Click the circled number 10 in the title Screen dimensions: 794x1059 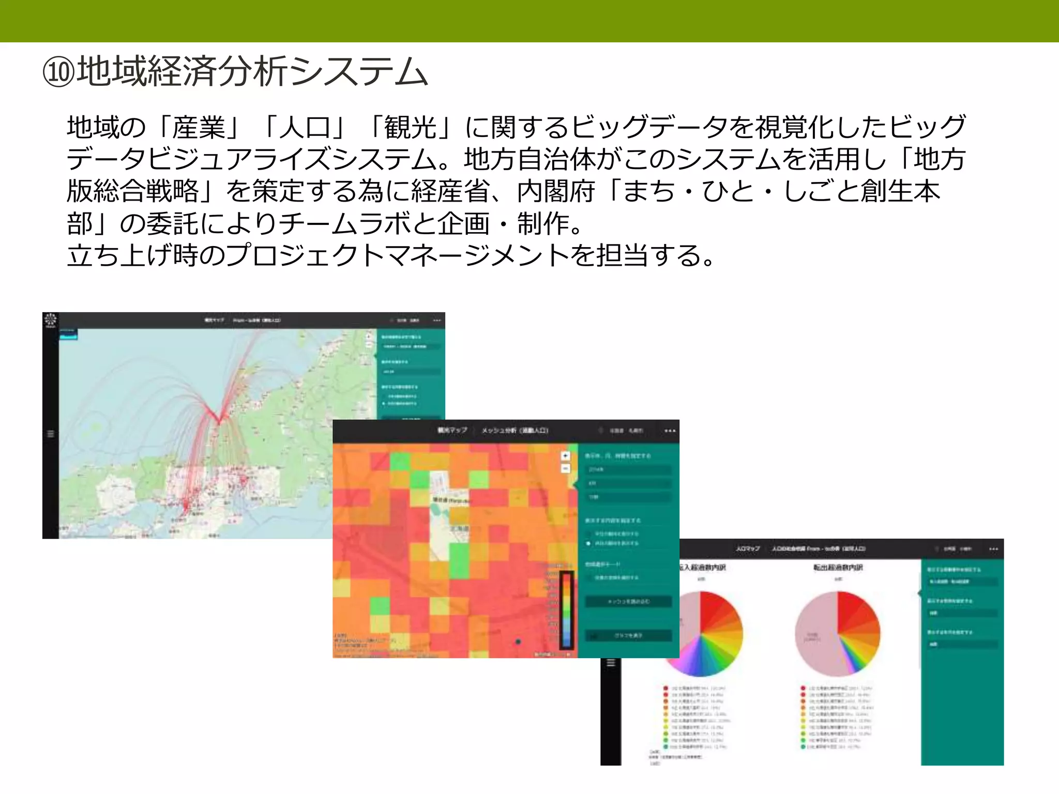coord(59,72)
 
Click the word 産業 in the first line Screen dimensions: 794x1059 coord(199,127)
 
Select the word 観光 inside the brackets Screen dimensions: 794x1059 coord(411,127)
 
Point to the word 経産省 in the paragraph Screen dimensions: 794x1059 coord(450,191)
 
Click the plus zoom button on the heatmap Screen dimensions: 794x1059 coord(565,455)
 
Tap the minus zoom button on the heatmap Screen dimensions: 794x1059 coord(565,468)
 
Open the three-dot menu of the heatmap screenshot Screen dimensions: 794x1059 coord(670,431)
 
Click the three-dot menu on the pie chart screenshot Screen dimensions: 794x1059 coord(993,549)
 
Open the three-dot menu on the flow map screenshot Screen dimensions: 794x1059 coord(437,320)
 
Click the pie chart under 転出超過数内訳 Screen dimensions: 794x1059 coord(837,634)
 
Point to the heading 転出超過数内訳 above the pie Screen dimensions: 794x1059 coord(838,568)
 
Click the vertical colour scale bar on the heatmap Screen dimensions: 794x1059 coord(567,610)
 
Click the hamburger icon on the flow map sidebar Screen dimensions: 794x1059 coord(51,434)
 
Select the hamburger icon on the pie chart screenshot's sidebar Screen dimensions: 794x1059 coord(611,663)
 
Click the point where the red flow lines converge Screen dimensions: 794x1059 coord(220,420)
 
